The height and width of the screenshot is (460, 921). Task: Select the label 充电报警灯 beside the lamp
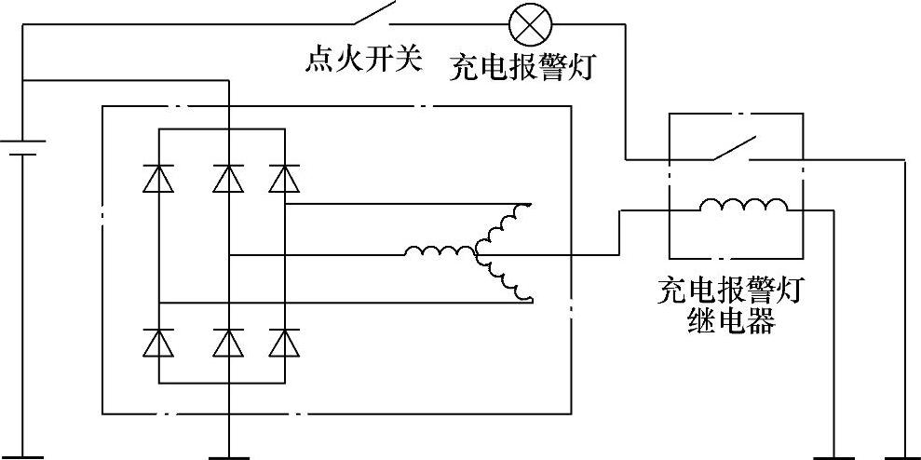pos(521,68)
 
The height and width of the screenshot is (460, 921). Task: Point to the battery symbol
pos(21,149)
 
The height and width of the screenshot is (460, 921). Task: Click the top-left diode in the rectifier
pos(159,177)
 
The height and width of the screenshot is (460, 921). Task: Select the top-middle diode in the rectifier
pos(228,177)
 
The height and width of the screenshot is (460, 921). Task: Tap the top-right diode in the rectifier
pos(284,177)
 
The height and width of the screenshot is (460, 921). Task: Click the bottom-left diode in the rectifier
pos(159,344)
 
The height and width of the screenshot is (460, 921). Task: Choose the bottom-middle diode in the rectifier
pos(228,344)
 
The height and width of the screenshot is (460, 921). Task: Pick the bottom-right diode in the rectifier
pos(284,344)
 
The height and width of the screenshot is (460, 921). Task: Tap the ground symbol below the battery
pos(21,455)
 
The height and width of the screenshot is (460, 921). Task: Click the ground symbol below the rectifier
pos(228,455)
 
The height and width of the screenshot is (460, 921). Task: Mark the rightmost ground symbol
pos(903,455)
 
